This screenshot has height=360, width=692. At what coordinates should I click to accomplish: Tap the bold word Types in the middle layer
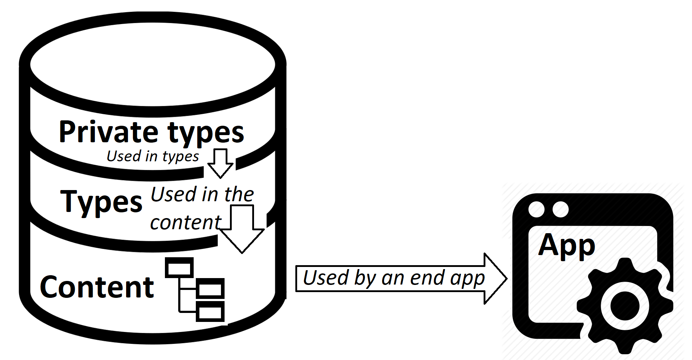(x=101, y=202)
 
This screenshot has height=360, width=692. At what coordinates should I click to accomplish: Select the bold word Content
(x=97, y=287)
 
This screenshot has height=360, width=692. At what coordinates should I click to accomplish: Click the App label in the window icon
(x=567, y=245)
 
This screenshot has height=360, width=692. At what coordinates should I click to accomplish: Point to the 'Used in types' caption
(x=153, y=156)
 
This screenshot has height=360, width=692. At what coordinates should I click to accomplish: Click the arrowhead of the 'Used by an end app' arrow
(x=495, y=278)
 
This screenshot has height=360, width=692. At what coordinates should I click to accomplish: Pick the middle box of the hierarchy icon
(x=210, y=289)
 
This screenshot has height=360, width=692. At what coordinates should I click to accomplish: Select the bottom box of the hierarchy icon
(x=210, y=311)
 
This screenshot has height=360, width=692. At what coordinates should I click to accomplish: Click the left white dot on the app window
(x=537, y=209)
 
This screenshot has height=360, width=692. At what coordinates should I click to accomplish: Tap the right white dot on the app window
(x=560, y=209)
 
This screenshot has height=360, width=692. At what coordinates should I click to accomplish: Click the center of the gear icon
(x=625, y=306)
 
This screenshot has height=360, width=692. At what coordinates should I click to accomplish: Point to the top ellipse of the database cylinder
(x=153, y=65)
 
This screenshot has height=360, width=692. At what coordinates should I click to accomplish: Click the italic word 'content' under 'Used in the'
(x=185, y=222)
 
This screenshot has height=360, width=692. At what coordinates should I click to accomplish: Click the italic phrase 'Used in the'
(x=202, y=194)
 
